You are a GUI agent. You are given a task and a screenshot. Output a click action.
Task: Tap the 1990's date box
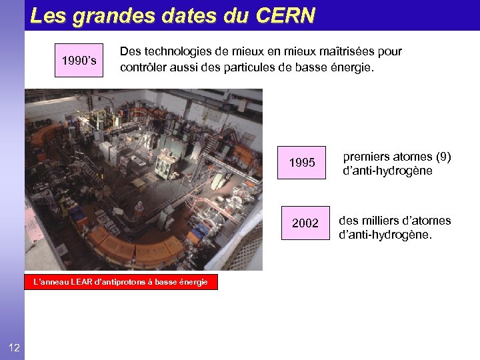point(79,61)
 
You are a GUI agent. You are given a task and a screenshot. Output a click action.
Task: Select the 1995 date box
point(302,163)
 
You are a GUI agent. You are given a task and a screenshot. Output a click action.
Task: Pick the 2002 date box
point(305,223)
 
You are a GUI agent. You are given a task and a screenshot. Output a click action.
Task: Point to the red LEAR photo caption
point(121,282)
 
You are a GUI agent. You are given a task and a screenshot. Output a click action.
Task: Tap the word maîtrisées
point(333,52)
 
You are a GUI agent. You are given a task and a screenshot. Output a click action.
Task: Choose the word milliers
point(379,221)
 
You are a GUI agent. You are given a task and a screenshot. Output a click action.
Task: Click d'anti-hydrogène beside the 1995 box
point(387,171)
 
